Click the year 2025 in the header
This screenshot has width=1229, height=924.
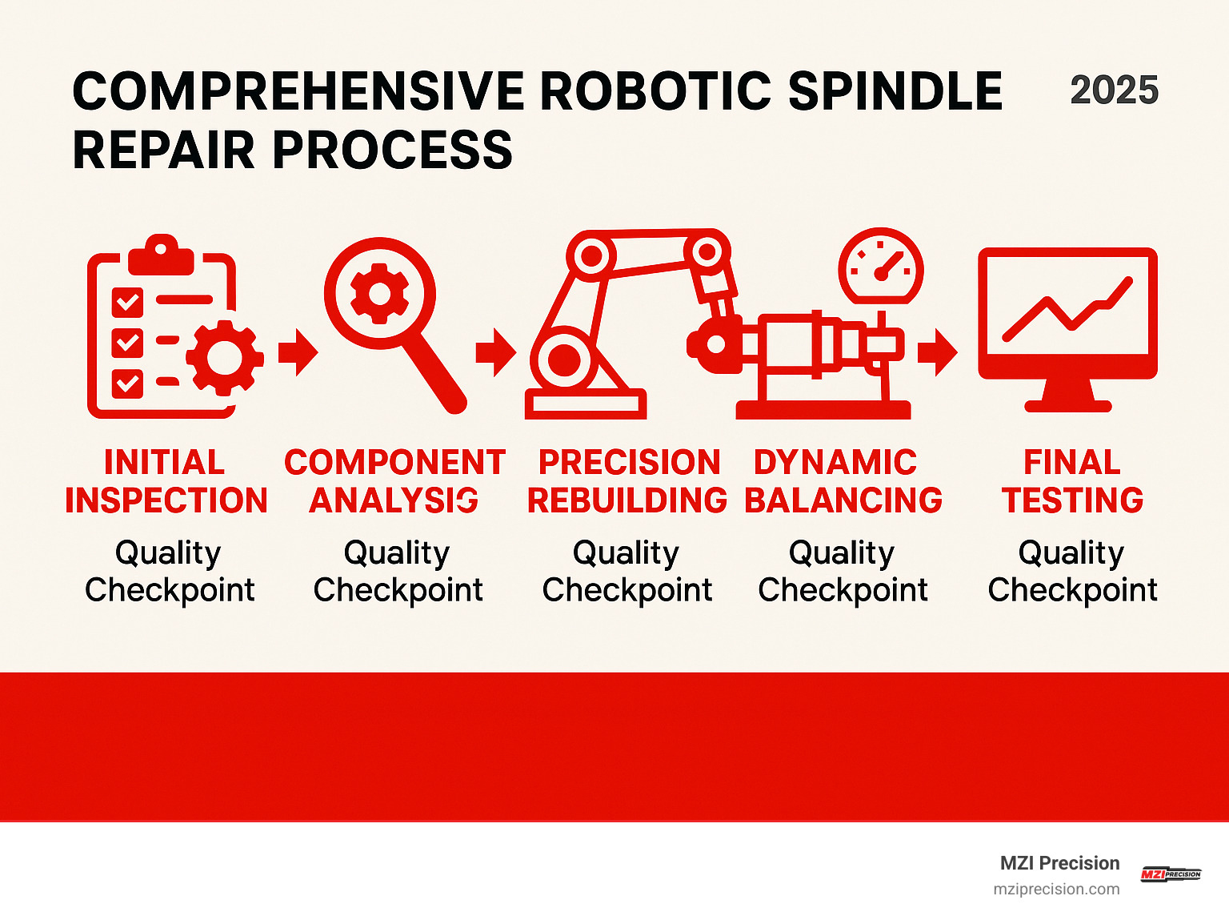click(1114, 90)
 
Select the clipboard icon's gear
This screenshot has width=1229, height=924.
click(224, 357)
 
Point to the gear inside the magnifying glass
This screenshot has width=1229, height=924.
click(379, 293)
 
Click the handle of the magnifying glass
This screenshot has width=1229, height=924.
click(436, 373)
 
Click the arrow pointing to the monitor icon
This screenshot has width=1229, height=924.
click(937, 352)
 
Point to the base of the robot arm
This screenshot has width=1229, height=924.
click(585, 404)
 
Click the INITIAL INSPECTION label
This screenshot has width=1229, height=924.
click(166, 481)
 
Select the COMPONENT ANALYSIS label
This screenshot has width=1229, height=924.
click(394, 481)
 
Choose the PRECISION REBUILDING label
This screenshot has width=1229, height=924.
click(627, 481)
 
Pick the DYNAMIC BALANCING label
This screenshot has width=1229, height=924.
click(843, 481)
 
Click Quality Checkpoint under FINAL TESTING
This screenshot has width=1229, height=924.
click(1072, 571)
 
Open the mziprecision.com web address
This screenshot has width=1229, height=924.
click(1056, 890)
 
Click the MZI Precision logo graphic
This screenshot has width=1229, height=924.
click(1171, 874)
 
